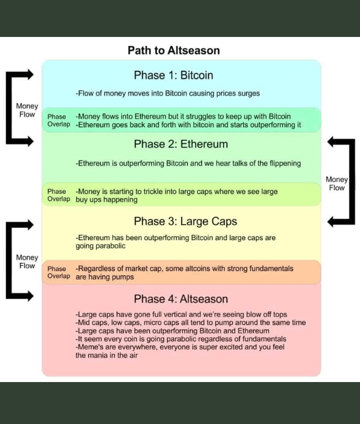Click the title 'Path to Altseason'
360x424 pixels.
[x=173, y=50]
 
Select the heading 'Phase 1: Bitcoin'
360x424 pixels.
[x=173, y=75]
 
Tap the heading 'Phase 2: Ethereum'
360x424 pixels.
[x=180, y=144]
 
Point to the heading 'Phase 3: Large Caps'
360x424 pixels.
[x=185, y=221]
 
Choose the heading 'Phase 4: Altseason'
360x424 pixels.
[x=180, y=299]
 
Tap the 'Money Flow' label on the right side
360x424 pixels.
[x=336, y=183]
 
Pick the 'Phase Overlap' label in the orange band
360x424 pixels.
[x=58, y=273]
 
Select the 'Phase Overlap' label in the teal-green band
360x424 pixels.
[x=58, y=120]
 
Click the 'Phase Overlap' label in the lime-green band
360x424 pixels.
[x=58, y=195]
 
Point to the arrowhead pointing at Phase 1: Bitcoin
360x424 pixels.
[x=29, y=75]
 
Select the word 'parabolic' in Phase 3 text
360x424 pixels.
[x=110, y=246]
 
